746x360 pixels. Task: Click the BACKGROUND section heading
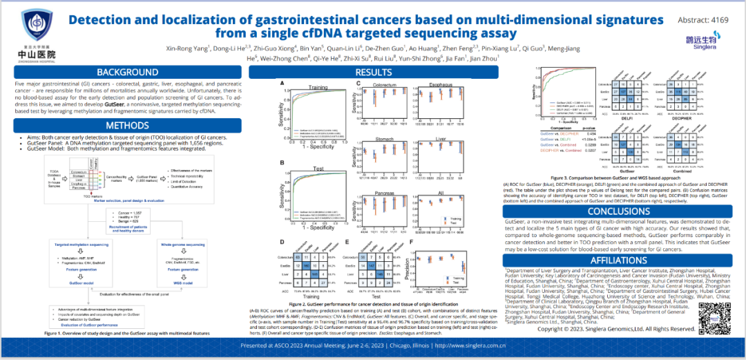(127, 73)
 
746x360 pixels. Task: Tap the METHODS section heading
(127, 126)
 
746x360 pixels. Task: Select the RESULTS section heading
(373, 73)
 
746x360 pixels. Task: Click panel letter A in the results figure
(283, 83)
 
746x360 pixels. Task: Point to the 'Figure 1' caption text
(127, 333)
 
